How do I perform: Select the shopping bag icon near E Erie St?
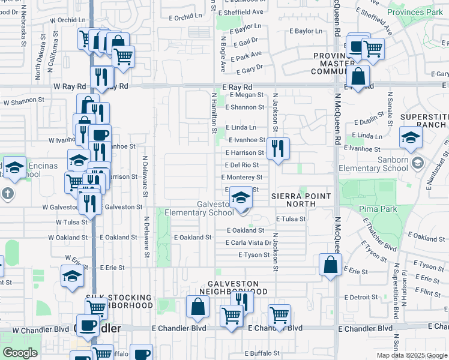[330, 265]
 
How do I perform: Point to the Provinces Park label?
[414, 11]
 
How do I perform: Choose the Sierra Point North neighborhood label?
[301, 200]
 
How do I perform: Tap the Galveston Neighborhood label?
[233, 287]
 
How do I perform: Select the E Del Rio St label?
[242, 165]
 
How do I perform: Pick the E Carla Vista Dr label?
[249, 243]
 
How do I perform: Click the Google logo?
[20, 353]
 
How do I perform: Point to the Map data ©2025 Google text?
[411, 355]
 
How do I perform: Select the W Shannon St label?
[24, 102]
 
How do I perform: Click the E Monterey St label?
[242, 178]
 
